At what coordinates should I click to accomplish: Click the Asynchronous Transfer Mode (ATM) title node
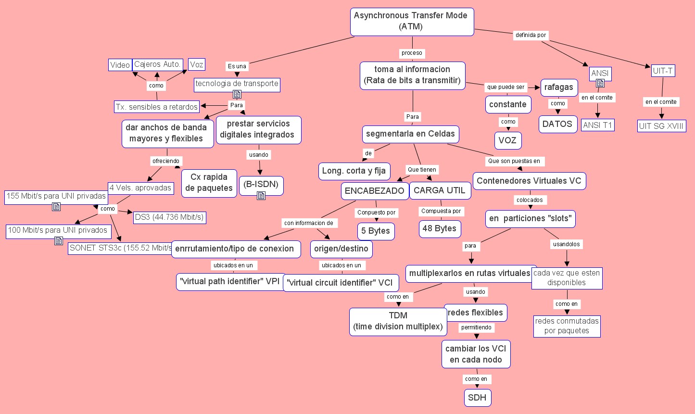412,21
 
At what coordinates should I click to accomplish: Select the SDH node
477,398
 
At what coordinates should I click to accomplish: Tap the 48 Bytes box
440,229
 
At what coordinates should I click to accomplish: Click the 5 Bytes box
376,231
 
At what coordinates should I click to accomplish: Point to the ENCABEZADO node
374,191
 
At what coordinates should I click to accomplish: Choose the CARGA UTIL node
440,190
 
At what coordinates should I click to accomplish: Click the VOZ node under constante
507,140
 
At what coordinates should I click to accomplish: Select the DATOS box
557,124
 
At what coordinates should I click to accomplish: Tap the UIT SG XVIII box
661,126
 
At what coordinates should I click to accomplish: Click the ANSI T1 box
597,125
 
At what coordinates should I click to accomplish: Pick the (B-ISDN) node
261,184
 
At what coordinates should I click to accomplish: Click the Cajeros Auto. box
157,64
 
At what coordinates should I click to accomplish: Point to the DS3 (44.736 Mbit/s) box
169,217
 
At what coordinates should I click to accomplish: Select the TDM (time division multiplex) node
398,321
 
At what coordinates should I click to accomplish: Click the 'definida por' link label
531,35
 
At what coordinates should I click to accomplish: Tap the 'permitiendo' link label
476,327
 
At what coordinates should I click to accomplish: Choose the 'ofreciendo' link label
165,161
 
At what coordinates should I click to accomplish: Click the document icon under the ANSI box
600,83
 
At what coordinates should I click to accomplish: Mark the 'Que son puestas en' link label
514,161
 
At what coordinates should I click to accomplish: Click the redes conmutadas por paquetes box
567,326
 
